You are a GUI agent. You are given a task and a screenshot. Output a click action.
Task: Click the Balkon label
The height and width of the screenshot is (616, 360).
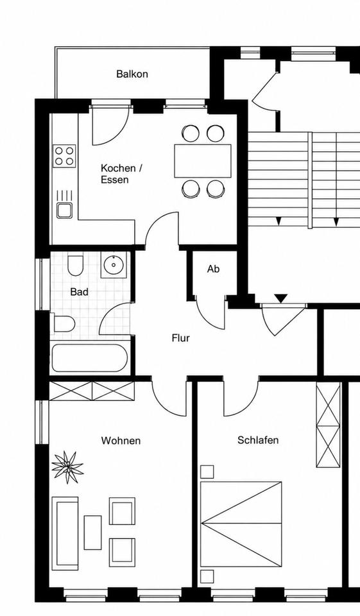point(132,74)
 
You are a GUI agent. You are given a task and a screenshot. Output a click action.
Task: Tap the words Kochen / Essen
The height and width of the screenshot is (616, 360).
point(121,174)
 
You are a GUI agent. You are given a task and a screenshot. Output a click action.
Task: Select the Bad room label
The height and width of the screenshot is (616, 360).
point(79,292)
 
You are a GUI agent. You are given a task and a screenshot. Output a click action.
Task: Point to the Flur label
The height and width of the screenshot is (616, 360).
point(181,338)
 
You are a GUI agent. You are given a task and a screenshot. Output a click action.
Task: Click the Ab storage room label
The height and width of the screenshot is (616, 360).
point(214,269)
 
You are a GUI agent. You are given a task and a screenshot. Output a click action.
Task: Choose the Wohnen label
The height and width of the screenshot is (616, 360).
point(121,441)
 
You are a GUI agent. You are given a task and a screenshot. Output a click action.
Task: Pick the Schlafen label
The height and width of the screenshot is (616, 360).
point(258,440)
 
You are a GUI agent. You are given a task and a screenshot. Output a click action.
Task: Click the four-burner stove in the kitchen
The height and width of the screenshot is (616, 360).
point(64,156)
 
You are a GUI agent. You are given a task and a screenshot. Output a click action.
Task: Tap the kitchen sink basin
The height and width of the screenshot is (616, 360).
point(64,210)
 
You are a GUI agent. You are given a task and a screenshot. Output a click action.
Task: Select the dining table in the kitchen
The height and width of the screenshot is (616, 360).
point(203,160)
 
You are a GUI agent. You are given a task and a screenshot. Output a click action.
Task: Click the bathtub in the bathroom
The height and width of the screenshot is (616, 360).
point(90,358)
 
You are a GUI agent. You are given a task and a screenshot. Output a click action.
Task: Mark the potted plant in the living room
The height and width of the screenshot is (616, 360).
point(67,466)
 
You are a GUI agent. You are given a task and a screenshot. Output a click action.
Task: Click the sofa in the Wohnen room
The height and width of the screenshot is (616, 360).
point(65,533)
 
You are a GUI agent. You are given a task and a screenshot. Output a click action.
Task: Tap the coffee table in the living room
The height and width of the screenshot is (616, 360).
point(93,533)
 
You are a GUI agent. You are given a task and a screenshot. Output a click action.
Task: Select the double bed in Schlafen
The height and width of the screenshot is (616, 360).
point(241,524)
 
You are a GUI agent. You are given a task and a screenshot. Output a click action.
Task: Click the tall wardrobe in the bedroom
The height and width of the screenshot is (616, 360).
point(329,425)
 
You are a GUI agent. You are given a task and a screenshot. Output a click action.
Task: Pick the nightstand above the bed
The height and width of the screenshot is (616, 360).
point(207,472)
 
